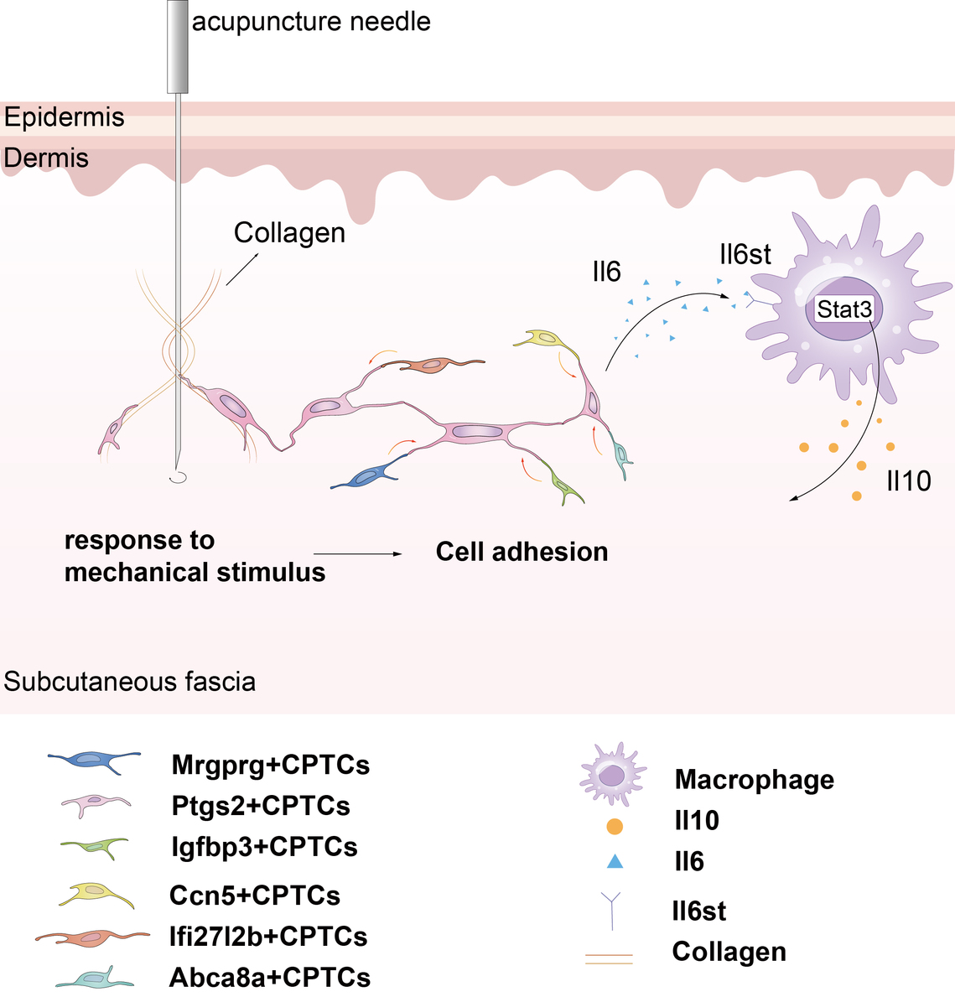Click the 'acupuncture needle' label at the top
[x=311, y=21]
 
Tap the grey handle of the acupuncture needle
[x=178, y=46]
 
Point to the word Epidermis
[x=64, y=117]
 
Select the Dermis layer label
[x=46, y=158]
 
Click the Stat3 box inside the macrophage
[x=844, y=309]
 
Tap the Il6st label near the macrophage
[x=745, y=254]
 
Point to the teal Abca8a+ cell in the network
[x=621, y=455]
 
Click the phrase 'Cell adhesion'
[x=522, y=552]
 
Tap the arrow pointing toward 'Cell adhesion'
[x=358, y=554]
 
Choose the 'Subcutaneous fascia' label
[x=129, y=681]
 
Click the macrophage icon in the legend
[x=614, y=774]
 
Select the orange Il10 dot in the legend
[x=615, y=827]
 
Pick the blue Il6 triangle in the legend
[x=615, y=861]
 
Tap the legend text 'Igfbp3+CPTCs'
[x=264, y=847]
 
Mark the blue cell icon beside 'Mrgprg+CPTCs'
[x=94, y=761]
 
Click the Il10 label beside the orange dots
[x=909, y=481]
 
